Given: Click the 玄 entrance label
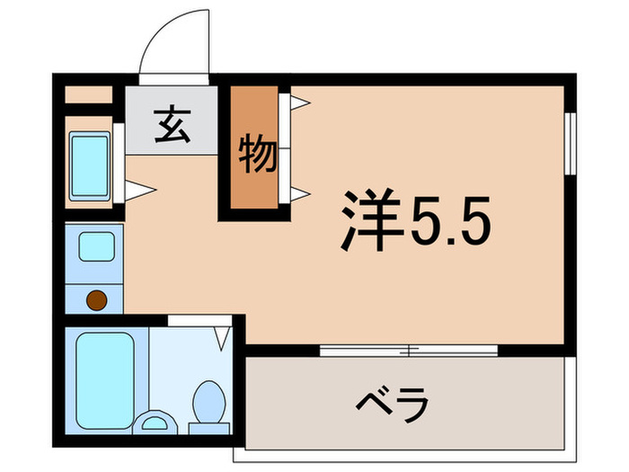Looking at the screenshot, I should coord(173,125).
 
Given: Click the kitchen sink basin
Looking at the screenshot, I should coord(94,246).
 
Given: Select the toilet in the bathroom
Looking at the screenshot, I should coord(210,400).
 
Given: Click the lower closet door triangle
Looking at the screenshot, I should coord(299,192).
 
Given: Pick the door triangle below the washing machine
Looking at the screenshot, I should coord(139,190).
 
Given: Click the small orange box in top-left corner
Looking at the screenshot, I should coord(88,94).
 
